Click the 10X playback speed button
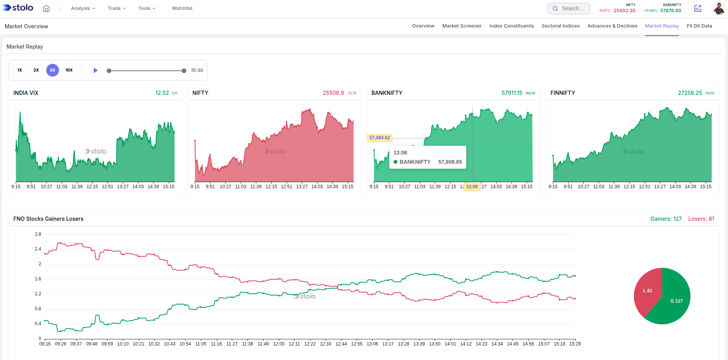coord(69,70)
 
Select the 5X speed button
coord(52,70)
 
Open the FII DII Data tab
coord(699,26)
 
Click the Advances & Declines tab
coord(612,26)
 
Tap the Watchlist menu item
coord(182,8)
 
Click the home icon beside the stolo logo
coord(46,8)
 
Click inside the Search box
coord(572,8)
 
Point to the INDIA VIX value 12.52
coord(162,93)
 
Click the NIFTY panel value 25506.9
coord(333,93)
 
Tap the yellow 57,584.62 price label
coord(379,138)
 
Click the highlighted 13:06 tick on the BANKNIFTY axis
coord(472,187)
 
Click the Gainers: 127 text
coord(666,219)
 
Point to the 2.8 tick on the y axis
coord(38,234)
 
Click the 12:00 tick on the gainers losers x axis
coord(278,344)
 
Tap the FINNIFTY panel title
coord(562,93)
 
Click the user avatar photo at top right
coord(719,8)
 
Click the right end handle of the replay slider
coord(184,71)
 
